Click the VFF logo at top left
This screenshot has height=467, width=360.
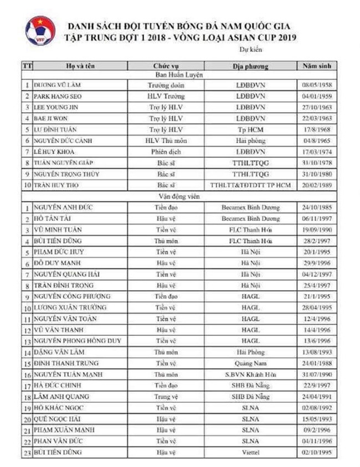40,32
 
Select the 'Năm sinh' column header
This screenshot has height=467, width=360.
316,66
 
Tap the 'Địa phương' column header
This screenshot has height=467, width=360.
250,66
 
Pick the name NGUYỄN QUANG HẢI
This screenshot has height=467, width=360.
65,274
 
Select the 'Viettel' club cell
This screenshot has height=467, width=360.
250,452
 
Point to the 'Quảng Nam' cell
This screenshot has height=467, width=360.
250,363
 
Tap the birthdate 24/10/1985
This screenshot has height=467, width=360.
316,207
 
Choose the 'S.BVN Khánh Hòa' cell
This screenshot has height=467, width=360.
250,374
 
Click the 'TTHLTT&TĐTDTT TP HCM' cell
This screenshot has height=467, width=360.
250,185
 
